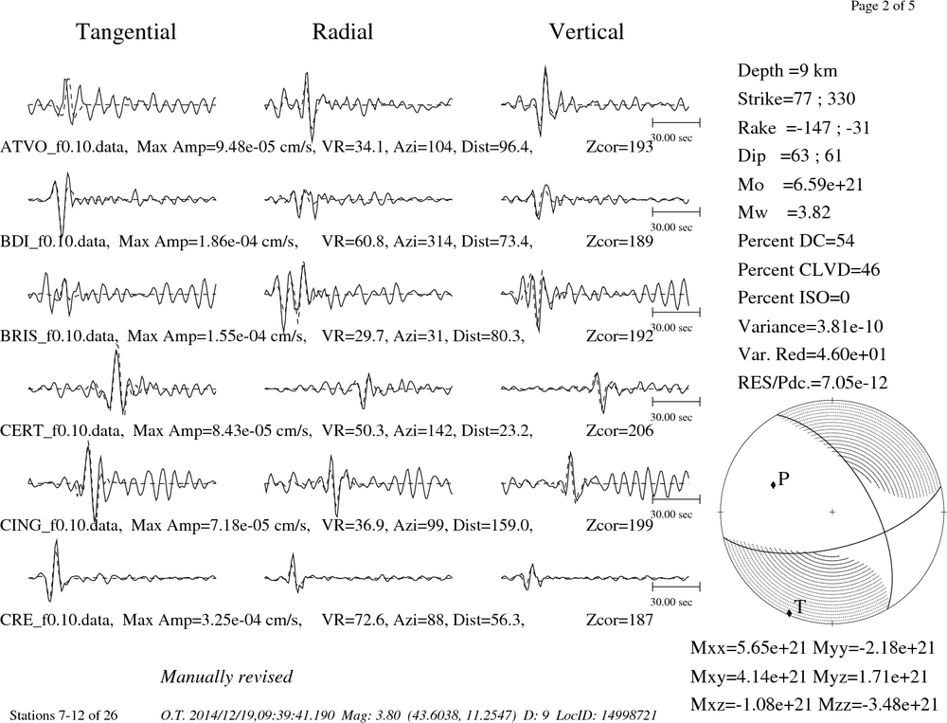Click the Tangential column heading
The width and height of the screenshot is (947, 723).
pyautogui.click(x=126, y=32)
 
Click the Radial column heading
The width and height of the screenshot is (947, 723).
pyautogui.click(x=343, y=32)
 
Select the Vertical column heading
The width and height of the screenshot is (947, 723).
pyautogui.click(x=586, y=32)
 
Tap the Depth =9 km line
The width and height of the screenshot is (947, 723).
pyautogui.click(x=787, y=71)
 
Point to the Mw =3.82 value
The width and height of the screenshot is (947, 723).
pyautogui.click(x=784, y=212)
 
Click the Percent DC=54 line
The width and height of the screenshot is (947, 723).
pyautogui.click(x=795, y=241)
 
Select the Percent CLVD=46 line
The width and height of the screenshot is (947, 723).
pyautogui.click(x=808, y=269)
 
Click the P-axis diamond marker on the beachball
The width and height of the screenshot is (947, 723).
pyautogui.click(x=773, y=485)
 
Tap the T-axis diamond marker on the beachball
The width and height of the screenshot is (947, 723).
pyautogui.click(x=789, y=614)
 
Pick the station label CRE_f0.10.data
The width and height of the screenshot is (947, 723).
pyautogui.click(x=56, y=620)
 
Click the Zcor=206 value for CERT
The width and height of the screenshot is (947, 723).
pyautogui.click(x=619, y=430)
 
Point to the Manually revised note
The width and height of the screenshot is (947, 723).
pyautogui.click(x=226, y=677)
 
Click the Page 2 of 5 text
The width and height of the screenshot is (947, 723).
pyautogui.click(x=883, y=6)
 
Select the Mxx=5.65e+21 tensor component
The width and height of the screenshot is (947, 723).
pyautogui.click(x=749, y=647)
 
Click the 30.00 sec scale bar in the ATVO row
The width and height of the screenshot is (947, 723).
pyautogui.click(x=676, y=123)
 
